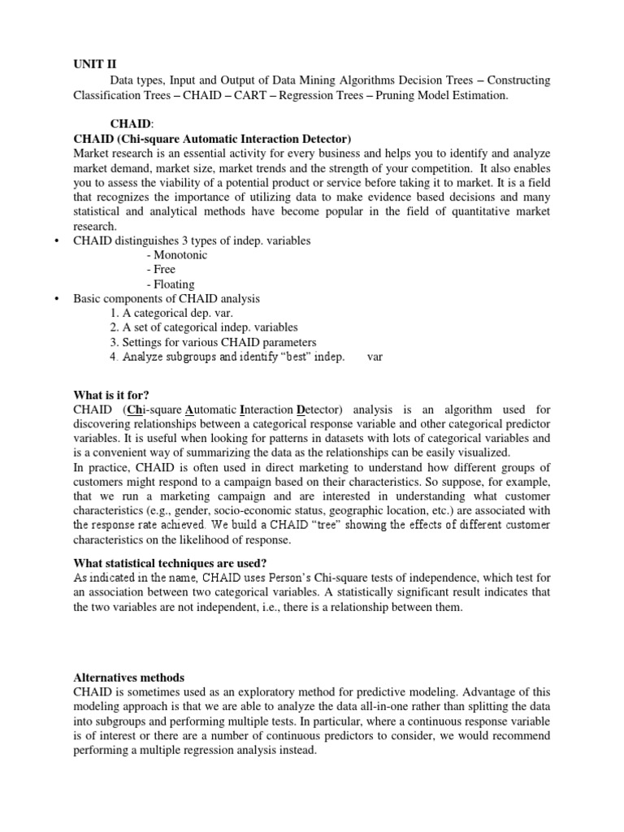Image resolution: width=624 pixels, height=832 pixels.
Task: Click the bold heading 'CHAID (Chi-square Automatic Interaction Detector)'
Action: [x=212, y=139]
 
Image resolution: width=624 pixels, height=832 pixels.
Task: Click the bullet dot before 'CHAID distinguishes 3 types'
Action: [x=57, y=241]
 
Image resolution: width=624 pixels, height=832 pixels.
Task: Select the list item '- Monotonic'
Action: [x=177, y=255]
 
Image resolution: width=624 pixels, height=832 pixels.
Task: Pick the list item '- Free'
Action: [x=161, y=270]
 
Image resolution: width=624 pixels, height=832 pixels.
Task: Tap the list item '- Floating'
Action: [x=171, y=284]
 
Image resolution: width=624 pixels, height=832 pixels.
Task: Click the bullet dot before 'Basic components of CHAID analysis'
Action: [x=57, y=299]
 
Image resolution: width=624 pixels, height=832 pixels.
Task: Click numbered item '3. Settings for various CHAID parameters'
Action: [x=213, y=343]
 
